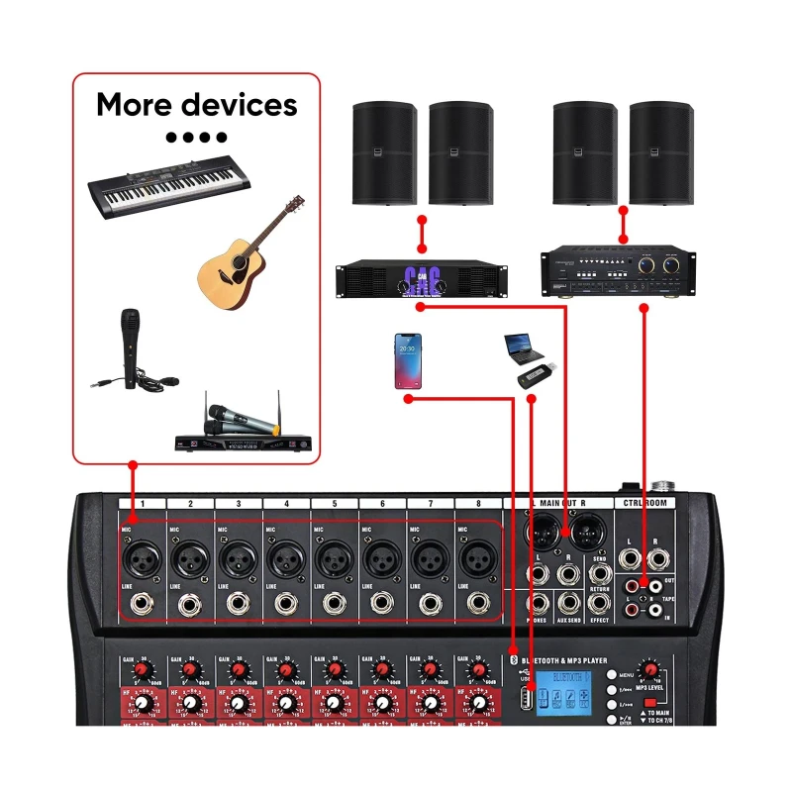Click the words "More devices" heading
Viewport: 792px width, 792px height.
[x=196, y=104]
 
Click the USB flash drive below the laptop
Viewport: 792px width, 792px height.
[x=535, y=377]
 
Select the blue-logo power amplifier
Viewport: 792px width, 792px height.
[x=422, y=279]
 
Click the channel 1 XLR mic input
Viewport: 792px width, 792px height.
[x=142, y=561]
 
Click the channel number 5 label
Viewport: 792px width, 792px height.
[x=334, y=505]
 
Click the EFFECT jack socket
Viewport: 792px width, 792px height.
[x=599, y=602]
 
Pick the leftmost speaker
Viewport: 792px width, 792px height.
[x=385, y=152]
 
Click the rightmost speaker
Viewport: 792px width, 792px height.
[x=662, y=152]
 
